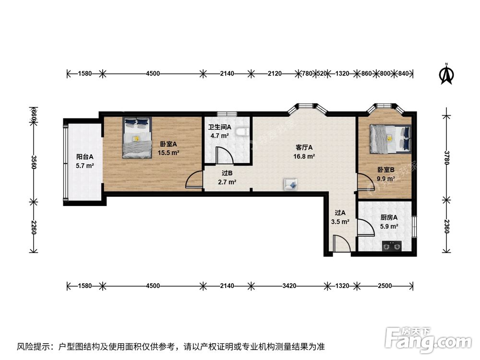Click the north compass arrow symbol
pos(446,74)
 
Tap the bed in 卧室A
pos(137,138)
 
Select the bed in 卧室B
pos(390,139)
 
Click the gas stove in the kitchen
pos(392,246)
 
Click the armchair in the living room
pos(290,184)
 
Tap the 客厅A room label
pos(304,147)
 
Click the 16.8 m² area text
pos(304,156)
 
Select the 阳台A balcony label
pos(85,157)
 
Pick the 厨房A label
pos(389,217)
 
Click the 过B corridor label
pos(227,173)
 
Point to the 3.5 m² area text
pos(340,222)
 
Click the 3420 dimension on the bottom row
pos(289,286)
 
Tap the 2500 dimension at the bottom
pos(385,286)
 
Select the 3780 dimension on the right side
pos(447,157)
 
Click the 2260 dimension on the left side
pos(34,227)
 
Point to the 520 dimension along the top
pos(322,73)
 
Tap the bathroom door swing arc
pos(227,153)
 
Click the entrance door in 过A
pos(342,244)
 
